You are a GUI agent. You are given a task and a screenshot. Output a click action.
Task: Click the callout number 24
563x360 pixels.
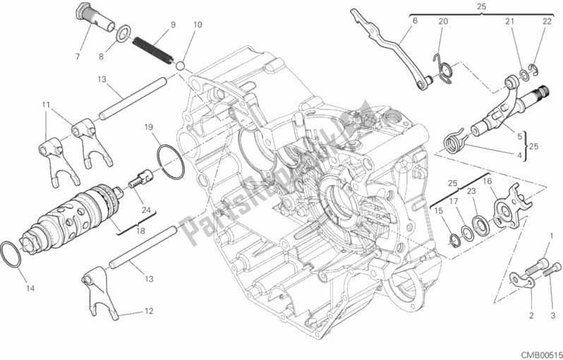tap(146, 209)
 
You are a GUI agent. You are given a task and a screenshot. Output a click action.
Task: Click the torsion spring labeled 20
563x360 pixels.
tap(444, 66)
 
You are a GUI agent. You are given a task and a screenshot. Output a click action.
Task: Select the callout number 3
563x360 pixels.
tap(552, 315)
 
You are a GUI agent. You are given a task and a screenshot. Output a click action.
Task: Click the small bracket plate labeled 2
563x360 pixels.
tap(523, 282)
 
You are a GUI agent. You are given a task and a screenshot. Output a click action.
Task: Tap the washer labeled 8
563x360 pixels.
tap(123, 32)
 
